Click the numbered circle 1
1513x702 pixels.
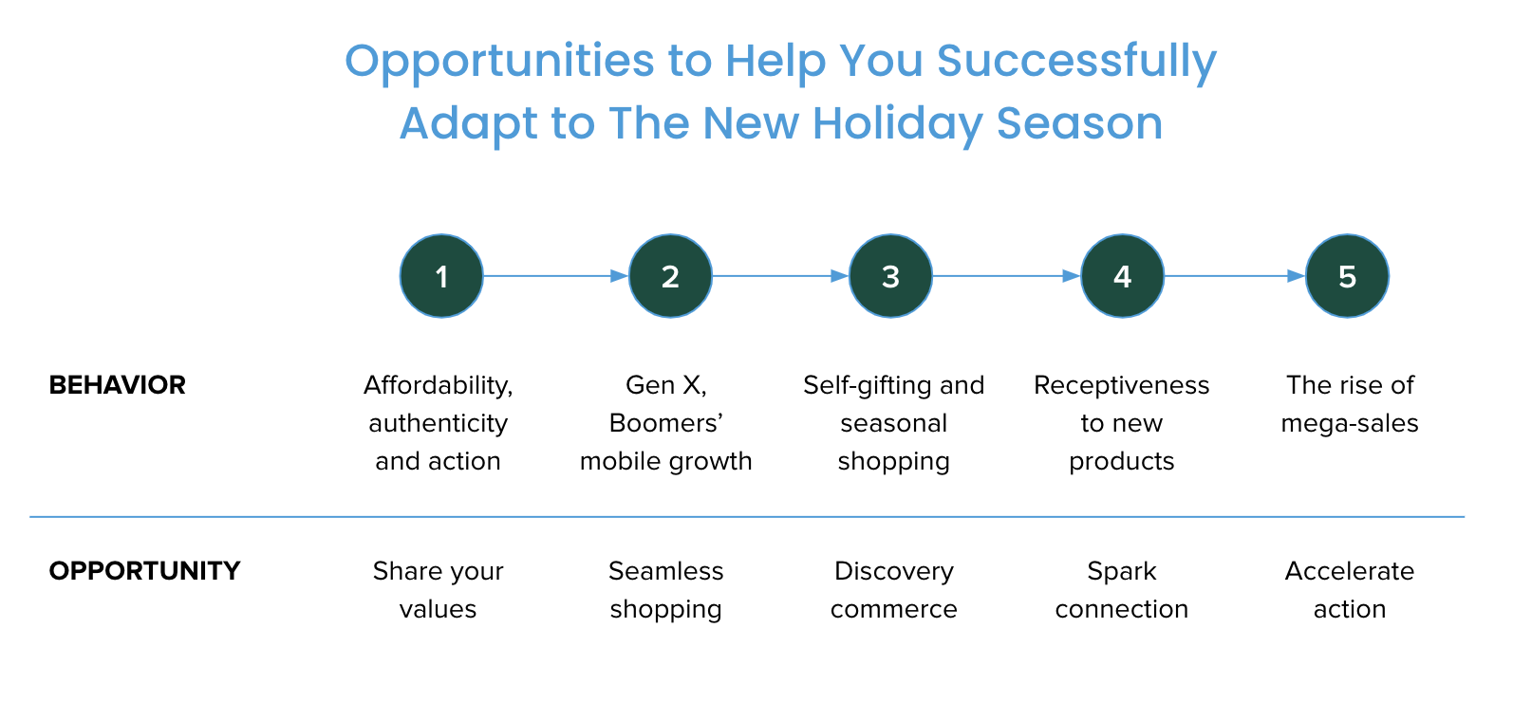click(x=441, y=276)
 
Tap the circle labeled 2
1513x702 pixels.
click(x=670, y=276)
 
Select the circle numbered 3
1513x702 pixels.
click(x=891, y=276)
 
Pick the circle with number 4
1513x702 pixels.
click(x=1123, y=276)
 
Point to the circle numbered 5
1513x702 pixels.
click(x=1348, y=276)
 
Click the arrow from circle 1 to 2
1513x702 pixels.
click(x=556, y=276)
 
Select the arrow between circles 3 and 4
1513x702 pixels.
click(x=1006, y=276)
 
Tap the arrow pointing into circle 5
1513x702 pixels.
click(x=1235, y=276)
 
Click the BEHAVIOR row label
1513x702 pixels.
click(x=117, y=385)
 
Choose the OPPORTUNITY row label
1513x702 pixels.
click(x=144, y=571)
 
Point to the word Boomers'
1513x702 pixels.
click(x=666, y=423)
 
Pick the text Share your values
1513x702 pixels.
click(x=439, y=590)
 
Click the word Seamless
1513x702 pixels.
click(x=666, y=571)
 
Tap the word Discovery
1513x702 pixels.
click(x=894, y=572)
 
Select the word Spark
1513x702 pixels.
click(x=1122, y=572)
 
